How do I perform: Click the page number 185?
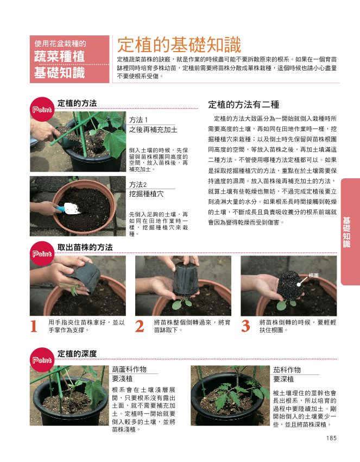[331, 438]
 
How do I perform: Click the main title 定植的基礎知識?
[179, 45]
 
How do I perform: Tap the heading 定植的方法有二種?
[243, 104]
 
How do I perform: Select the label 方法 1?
[138, 120]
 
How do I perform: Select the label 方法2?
[138, 184]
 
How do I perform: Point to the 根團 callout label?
[313, 276]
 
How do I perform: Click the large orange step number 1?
[34, 326]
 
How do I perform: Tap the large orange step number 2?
[140, 326]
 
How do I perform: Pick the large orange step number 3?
[245, 326]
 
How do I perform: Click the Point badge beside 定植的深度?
[42, 360]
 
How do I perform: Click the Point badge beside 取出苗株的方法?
[42, 254]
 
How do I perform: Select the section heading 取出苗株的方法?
[85, 247]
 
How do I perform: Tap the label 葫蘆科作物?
[129, 370]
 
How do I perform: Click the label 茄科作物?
[287, 370]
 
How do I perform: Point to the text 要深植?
[283, 379]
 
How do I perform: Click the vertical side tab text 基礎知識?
[347, 232]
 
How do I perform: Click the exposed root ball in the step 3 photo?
[291, 285]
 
